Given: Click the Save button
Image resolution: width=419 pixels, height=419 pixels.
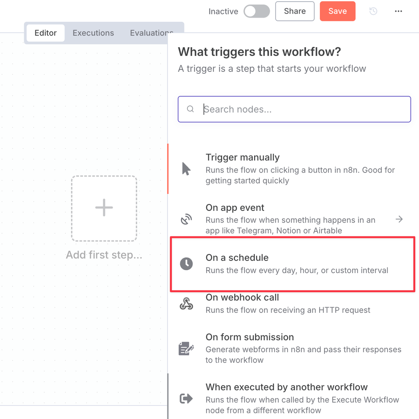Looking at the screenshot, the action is (x=338, y=11).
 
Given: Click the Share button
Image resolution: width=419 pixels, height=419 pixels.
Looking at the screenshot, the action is (x=295, y=11).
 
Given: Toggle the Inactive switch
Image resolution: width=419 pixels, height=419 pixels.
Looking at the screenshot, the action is (x=257, y=11).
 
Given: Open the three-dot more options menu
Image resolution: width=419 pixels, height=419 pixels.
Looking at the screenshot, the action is (x=399, y=11).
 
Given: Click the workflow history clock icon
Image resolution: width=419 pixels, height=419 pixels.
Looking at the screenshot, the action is (x=373, y=11).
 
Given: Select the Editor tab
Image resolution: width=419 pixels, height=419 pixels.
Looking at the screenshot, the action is (x=46, y=33).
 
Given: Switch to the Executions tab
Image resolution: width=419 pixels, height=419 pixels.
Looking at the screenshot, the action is (x=93, y=33).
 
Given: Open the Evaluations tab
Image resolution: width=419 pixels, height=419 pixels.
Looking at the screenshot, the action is (x=151, y=33).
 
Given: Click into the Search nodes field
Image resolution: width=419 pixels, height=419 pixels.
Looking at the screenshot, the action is (x=294, y=109).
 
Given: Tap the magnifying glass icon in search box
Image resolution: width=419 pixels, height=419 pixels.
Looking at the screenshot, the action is (x=190, y=109).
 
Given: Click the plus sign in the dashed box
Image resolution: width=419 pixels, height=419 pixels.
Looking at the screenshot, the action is (x=104, y=207).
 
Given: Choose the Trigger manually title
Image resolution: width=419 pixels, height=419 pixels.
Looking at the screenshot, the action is (x=243, y=157).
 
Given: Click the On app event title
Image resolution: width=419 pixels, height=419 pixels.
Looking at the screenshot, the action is (x=235, y=207).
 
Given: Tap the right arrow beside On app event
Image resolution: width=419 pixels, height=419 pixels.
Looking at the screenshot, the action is (x=399, y=219).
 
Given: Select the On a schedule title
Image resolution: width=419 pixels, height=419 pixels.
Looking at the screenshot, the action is (x=237, y=257).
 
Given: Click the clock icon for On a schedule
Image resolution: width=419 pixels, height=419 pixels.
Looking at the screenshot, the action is (x=186, y=264).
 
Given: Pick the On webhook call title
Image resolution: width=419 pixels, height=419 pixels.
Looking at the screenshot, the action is (x=242, y=297).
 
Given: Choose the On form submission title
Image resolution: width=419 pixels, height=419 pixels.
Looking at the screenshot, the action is (x=250, y=337).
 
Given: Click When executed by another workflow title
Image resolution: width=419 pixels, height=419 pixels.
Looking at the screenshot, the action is (x=287, y=387).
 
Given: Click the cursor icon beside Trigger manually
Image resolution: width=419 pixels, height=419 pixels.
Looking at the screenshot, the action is (x=186, y=169).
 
